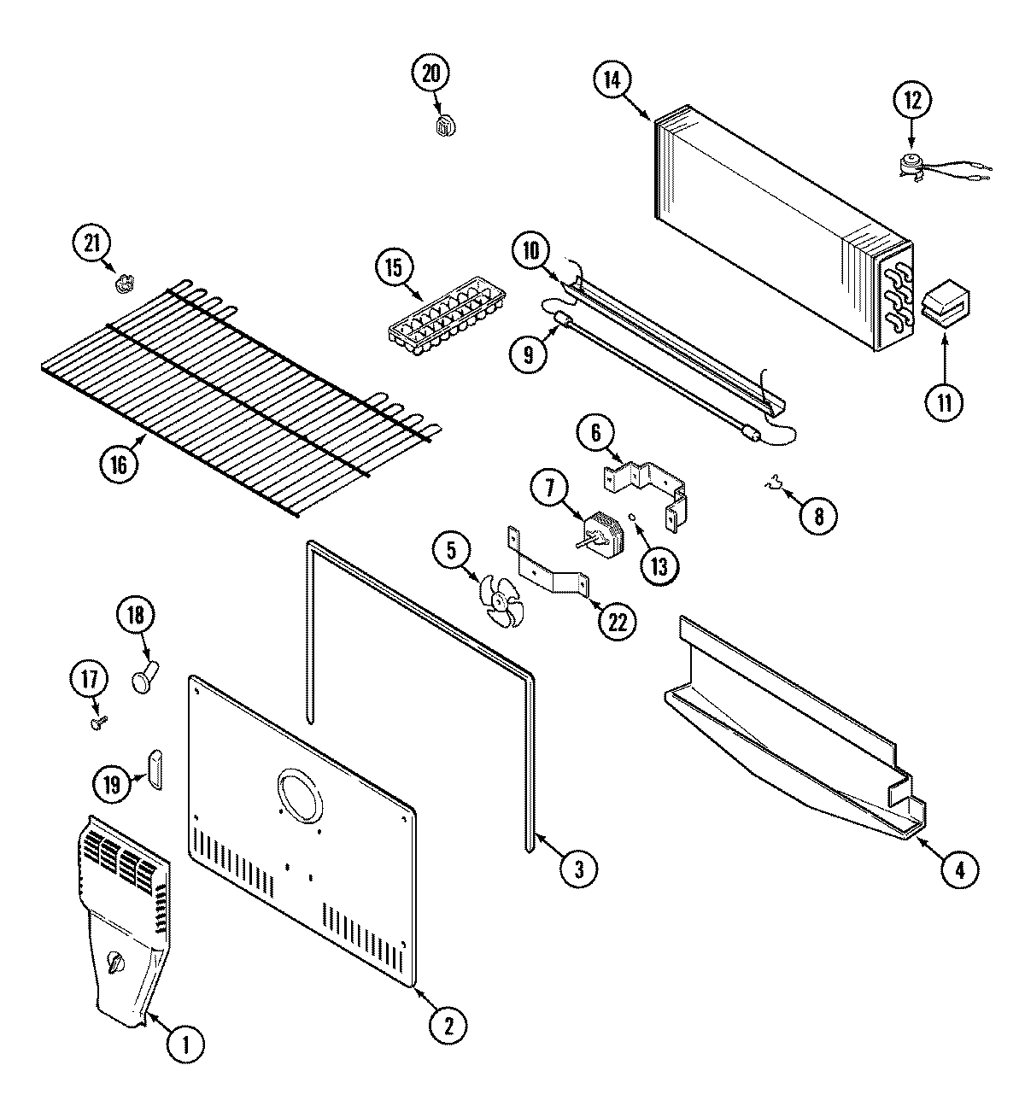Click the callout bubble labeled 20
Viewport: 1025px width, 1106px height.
pos(430,73)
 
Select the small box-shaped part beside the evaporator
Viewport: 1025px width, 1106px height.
pos(945,303)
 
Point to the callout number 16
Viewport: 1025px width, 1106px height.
pos(118,464)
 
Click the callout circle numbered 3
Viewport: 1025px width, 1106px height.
pos(579,869)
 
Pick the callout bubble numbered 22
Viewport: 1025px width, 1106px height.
pos(616,622)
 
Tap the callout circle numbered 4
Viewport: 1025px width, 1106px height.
pos(959,869)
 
